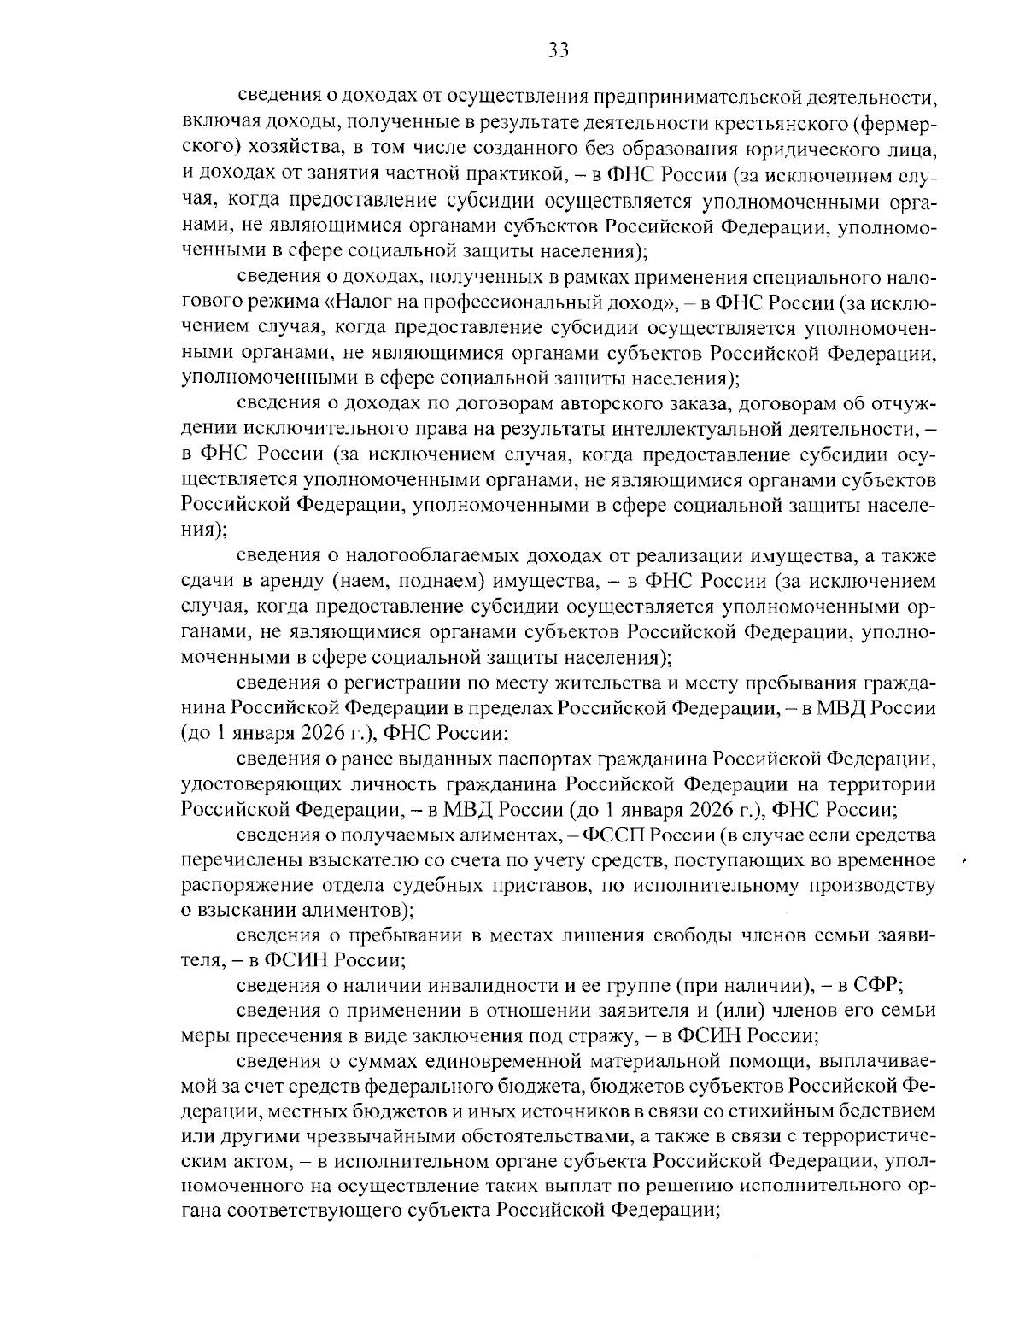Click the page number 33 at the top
click(559, 50)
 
